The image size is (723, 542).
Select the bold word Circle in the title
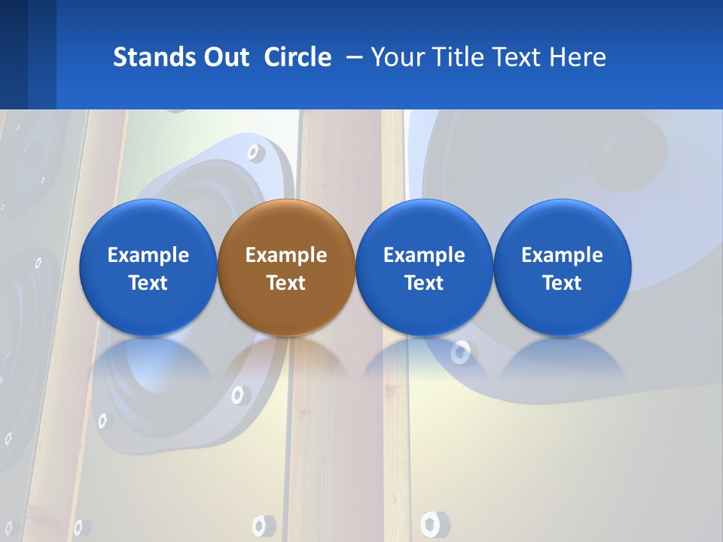pos(297,57)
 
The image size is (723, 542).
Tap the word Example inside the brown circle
pos(285,255)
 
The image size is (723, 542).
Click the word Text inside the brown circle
pos(285,283)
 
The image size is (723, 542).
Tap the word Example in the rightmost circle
pos(562,255)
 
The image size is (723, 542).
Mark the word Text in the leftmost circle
pos(148,283)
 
